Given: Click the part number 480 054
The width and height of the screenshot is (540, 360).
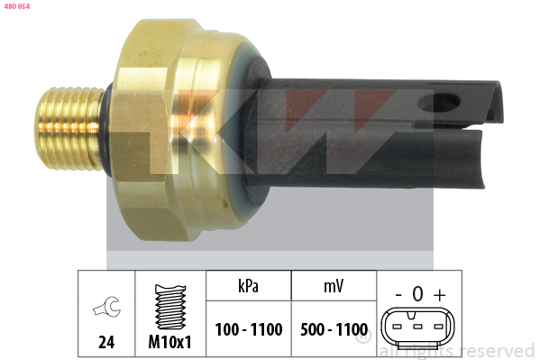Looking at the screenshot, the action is click(17, 6).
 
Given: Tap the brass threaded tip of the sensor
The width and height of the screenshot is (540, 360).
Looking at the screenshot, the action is click(69, 128).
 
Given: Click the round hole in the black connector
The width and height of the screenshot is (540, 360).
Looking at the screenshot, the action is click(439, 103).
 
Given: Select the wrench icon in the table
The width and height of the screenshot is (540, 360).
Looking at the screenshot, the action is click(107, 306).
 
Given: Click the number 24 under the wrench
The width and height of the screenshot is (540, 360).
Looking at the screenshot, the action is click(106, 342).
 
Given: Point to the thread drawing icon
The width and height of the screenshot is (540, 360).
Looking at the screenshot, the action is click(170, 307).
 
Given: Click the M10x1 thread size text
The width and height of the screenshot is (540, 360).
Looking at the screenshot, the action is click(169, 342).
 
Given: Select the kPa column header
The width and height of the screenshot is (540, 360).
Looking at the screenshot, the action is click(248, 286).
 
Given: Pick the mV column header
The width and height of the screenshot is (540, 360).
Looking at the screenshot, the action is click(334, 286).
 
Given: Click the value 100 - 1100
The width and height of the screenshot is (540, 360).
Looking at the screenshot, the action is click(249, 329).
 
